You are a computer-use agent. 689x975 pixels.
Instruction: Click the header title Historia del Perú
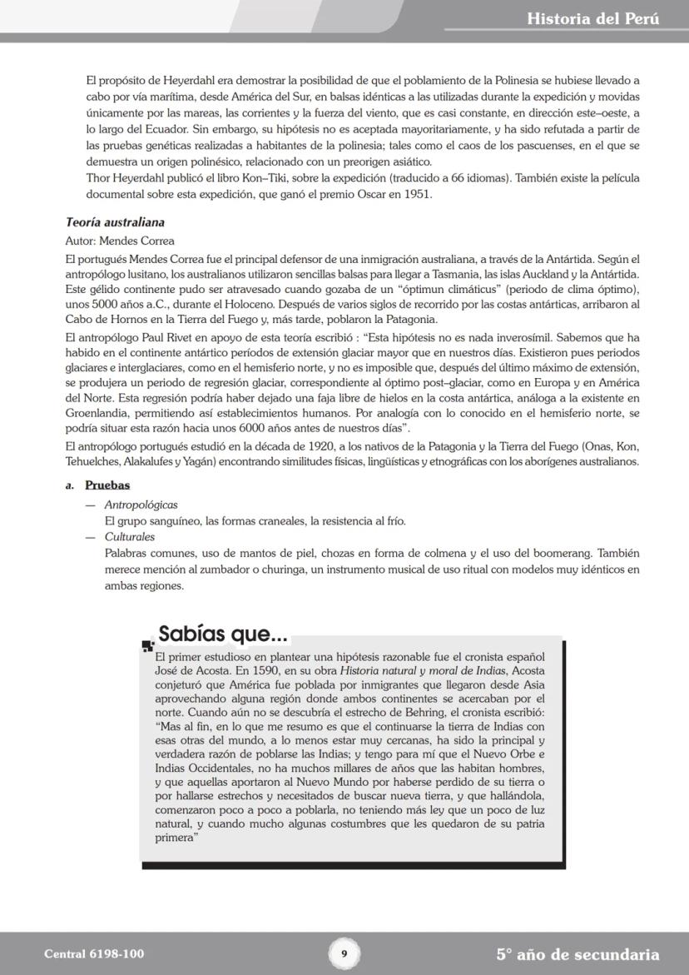[x=592, y=18]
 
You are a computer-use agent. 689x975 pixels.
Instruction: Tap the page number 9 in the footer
[x=344, y=953]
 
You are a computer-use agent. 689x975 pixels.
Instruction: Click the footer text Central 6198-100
[x=87, y=954]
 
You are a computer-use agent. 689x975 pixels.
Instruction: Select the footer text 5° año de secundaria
[x=577, y=954]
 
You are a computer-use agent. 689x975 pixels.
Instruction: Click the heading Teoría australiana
[x=115, y=222]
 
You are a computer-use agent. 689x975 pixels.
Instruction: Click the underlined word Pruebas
[x=107, y=485]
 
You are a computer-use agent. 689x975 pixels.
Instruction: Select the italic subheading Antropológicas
[x=141, y=505]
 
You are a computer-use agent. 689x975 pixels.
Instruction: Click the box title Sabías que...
[x=223, y=634]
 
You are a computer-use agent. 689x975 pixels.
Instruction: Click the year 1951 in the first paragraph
[x=418, y=194]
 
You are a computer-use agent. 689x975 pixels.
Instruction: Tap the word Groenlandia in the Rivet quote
[x=95, y=414]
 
